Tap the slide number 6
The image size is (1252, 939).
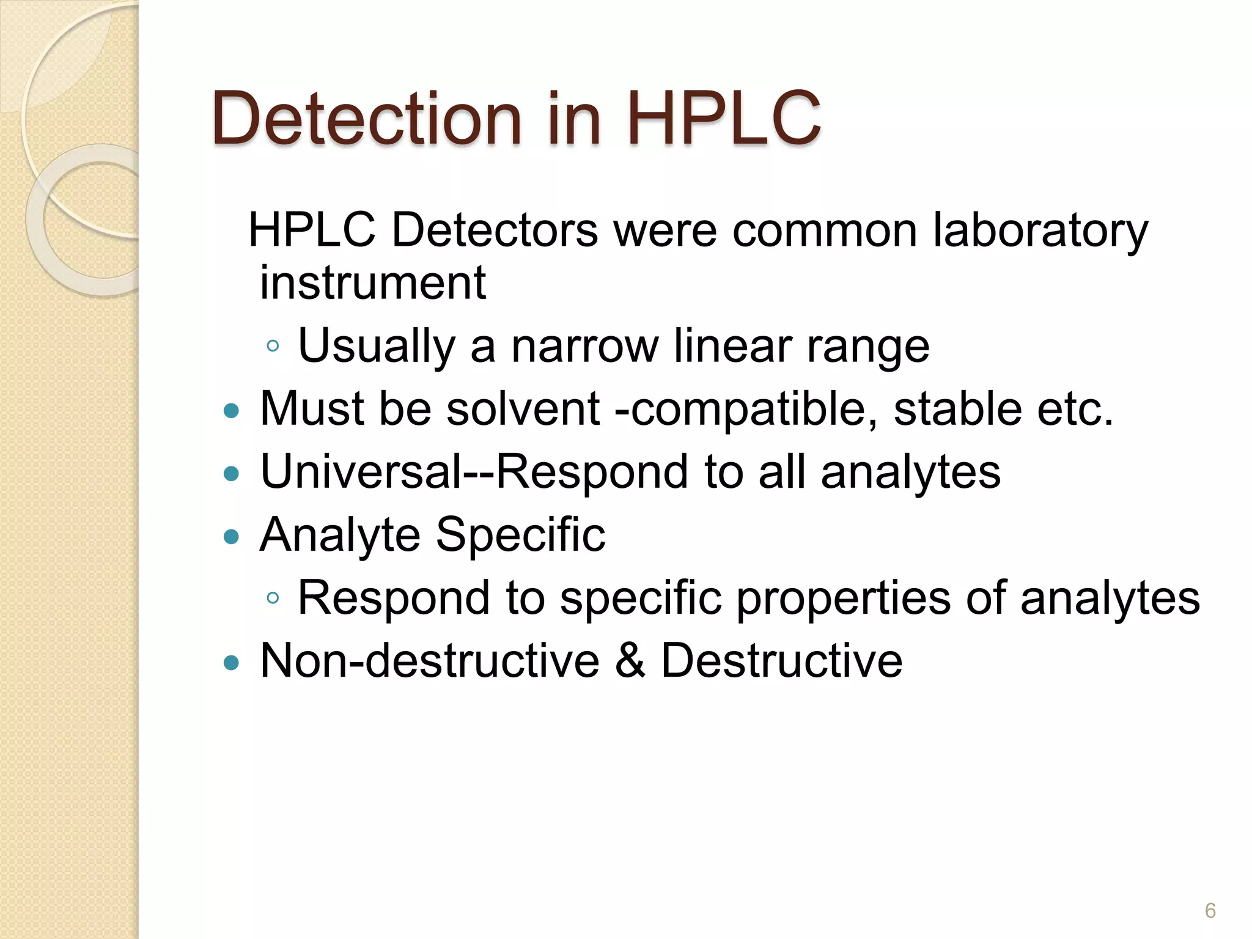tap(1210, 910)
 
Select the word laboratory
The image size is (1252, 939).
tap(1040, 231)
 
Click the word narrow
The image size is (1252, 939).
tap(584, 346)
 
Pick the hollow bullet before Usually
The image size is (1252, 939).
tap(273, 347)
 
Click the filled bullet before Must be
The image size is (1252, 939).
tap(231, 410)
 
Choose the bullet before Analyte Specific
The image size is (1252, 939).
tap(231, 537)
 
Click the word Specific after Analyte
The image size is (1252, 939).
tap(520, 535)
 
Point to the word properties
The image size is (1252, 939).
tap(843, 598)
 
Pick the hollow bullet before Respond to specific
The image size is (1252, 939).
tap(273, 598)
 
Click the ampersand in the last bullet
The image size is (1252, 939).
tap(630, 660)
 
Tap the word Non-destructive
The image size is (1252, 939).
tap(429, 660)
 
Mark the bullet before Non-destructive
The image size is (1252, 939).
tap(231, 662)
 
